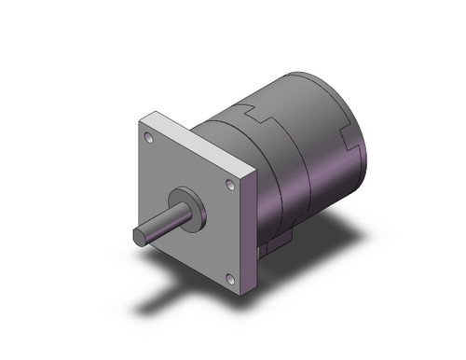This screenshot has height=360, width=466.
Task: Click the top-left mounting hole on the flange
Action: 149,137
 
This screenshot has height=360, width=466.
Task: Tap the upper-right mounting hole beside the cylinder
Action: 230,186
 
